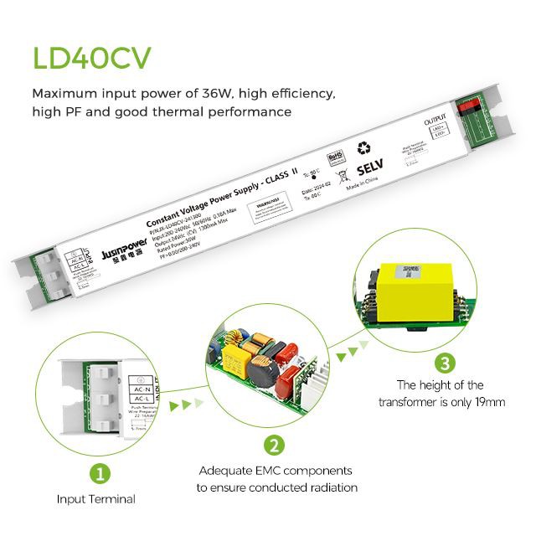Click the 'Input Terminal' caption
(95, 499)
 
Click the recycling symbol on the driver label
(364, 147)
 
